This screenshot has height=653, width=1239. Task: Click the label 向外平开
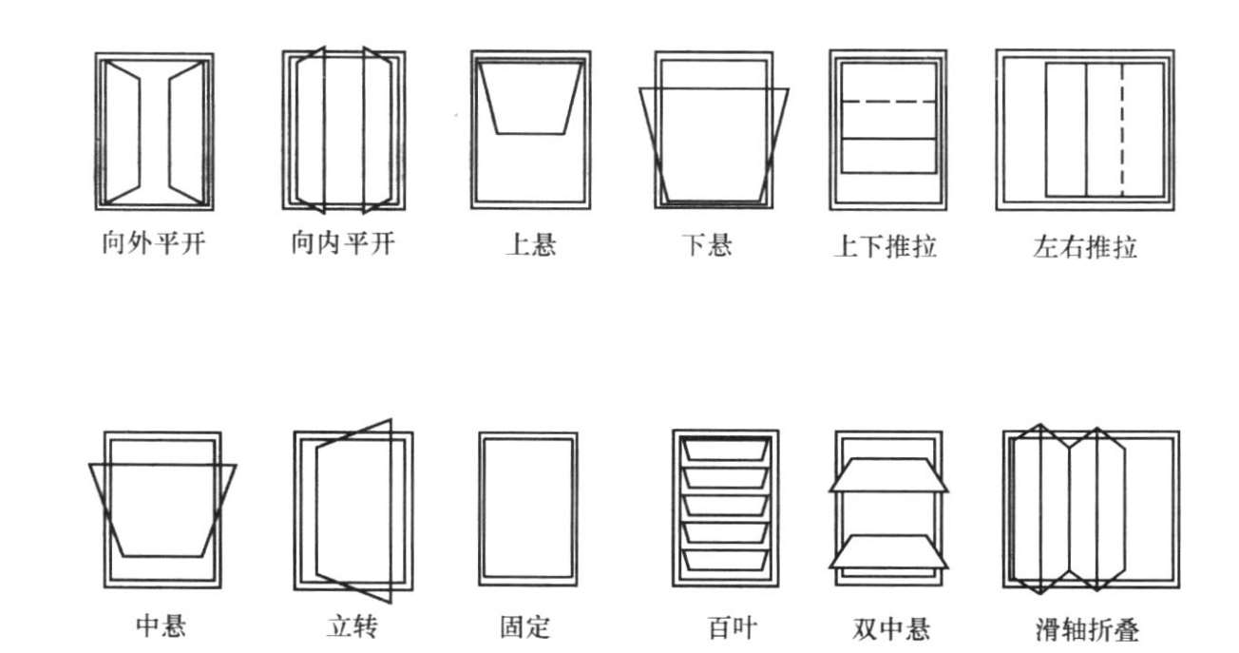tap(153, 245)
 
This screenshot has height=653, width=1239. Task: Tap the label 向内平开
tap(342, 245)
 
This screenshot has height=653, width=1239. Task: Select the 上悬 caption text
tap(530, 245)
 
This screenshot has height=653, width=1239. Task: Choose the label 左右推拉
tap(1084, 248)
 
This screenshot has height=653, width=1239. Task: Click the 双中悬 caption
tap(891, 628)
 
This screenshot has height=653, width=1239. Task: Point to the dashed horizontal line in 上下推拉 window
tap(888, 102)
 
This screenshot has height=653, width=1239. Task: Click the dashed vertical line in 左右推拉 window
tap(1122, 129)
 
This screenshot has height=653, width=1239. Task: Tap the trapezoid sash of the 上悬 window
tap(529, 98)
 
